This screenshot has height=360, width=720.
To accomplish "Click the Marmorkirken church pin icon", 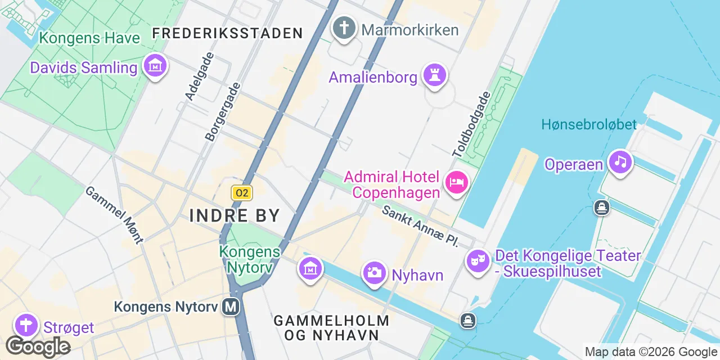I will pyautogui.click(x=344, y=28).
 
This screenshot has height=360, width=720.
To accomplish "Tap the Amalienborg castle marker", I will pyautogui.click(x=434, y=75).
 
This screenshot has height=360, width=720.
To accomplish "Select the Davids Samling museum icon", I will pyautogui.click(x=155, y=67).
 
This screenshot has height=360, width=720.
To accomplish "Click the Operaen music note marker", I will pyautogui.click(x=620, y=163).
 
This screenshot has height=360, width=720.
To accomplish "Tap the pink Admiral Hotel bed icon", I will pyautogui.click(x=456, y=182).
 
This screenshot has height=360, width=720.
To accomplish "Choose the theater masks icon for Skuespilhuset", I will pyautogui.click(x=478, y=261).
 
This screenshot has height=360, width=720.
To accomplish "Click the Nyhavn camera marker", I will pyautogui.click(x=374, y=273).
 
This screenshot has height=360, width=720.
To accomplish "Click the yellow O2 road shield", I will pyautogui.click(x=242, y=193).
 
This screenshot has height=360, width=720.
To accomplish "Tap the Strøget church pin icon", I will pyautogui.click(x=25, y=326).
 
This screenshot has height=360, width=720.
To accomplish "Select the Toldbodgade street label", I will pyautogui.click(x=472, y=124).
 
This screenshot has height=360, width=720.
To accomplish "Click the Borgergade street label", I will pyautogui.click(x=223, y=111).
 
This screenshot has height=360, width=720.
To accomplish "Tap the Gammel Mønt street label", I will pyautogui.click(x=114, y=214).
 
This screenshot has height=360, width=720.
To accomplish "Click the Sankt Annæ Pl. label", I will pyautogui.click(x=419, y=226).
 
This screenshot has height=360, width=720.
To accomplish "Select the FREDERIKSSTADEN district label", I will pyautogui.click(x=228, y=33).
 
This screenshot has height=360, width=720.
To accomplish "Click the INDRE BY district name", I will pyautogui.click(x=235, y=215).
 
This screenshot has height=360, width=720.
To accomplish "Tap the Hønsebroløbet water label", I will pyautogui.click(x=589, y=124).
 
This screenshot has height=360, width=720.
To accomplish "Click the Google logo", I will pyautogui.click(x=38, y=346).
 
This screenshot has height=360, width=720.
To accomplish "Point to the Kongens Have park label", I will pyautogui.click(x=89, y=38).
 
